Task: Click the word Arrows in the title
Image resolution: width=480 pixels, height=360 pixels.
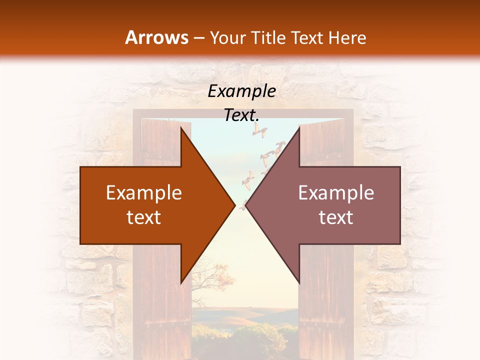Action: [x=156, y=37]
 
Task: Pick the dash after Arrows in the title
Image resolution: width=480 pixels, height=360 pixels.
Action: [x=198, y=38]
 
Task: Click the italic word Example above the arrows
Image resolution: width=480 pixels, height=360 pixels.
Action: [x=242, y=91]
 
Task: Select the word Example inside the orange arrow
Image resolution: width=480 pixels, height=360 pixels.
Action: [x=144, y=193]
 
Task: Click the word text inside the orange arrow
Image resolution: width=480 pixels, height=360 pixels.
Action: [x=144, y=217]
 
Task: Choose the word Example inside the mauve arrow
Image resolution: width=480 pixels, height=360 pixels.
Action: [x=336, y=193]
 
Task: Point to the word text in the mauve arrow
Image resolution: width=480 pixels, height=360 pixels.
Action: [x=336, y=217]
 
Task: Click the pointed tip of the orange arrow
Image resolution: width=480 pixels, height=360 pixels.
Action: [x=234, y=205]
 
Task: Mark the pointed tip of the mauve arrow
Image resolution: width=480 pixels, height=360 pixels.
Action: [x=246, y=205]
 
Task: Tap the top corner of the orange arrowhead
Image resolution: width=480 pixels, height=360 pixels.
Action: [x=181, y=127]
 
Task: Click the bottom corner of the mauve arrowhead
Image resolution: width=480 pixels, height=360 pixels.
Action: [x=299, y=282]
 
